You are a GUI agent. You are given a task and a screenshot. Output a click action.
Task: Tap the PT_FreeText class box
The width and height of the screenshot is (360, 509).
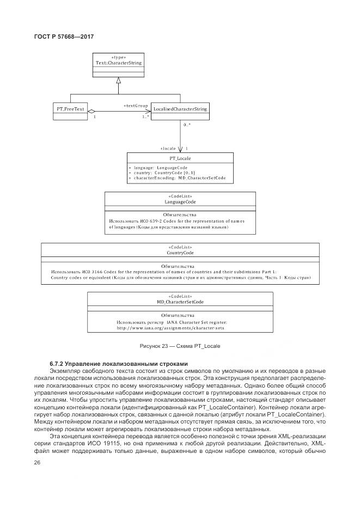pyautogui.click(x=71, y=109)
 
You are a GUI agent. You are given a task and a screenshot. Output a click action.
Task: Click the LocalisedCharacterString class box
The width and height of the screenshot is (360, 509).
pyautogui.click(x=180, y=109)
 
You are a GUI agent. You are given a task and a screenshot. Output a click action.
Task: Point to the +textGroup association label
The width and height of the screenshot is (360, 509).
pyautogui.click(x=136, y=105)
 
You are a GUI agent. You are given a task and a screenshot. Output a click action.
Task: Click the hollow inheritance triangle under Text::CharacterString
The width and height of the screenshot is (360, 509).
pyautogui.click(x=118, y=80)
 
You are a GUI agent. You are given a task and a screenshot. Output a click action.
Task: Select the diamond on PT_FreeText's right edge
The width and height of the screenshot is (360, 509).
pyautogui.click(x=92, y=112)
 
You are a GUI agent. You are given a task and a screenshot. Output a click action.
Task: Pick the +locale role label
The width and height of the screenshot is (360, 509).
pyautogui.click(x=168, y=148)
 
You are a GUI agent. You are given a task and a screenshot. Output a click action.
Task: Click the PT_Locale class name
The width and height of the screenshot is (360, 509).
pyautogui.click(x=180, y=157)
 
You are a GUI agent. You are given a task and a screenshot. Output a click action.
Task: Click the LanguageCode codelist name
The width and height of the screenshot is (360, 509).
pyautogui.click(x=180, y=202)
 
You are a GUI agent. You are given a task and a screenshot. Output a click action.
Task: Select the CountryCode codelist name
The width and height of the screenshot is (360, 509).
pyautogui.click(x=180, y=253)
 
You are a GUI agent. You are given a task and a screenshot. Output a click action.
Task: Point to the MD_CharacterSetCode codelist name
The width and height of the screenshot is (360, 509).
pyautogui.click(x=180, y=301)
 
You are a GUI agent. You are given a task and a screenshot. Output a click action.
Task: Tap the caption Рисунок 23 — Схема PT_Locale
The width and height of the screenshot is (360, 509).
pyautogui.click(x=180, y=346)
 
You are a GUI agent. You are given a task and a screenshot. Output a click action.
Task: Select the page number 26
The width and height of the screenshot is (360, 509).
pyautogui.click(x=38, y=463)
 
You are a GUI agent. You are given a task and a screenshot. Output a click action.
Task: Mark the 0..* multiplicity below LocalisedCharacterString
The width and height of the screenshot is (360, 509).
pyautogui.click(x=187, y=125)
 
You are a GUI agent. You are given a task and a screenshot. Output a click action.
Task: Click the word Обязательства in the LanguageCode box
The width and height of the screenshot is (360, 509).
pyautogui.click(x=180, y=215)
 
